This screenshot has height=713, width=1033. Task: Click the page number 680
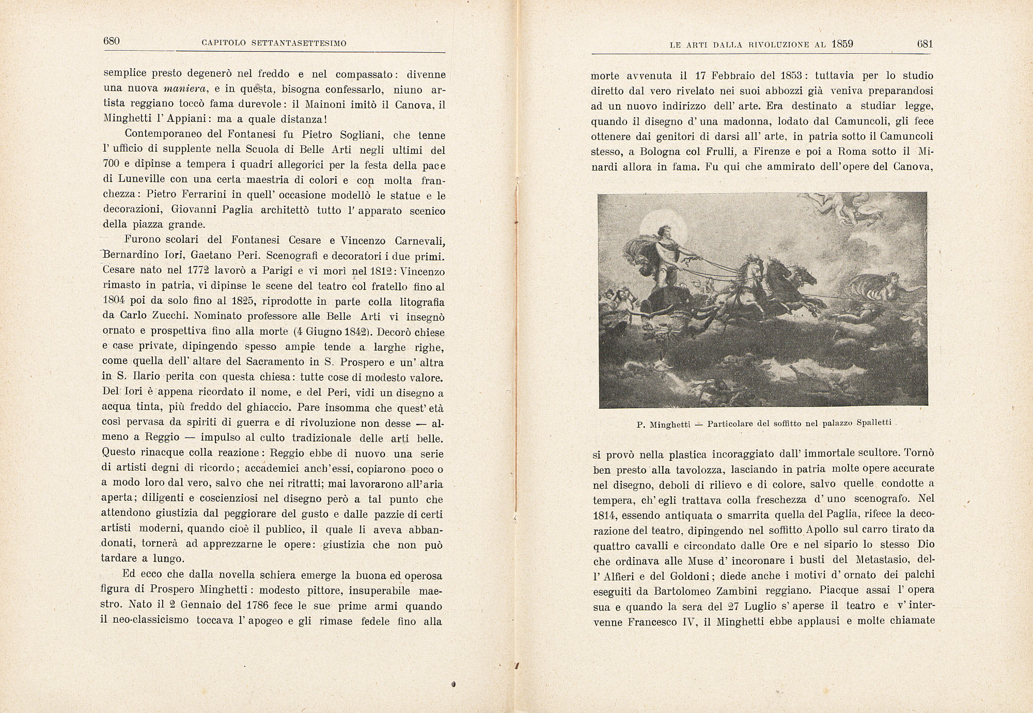click(x=112, y=41)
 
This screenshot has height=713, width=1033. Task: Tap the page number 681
click(x=925, y=44)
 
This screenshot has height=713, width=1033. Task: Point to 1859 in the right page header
click(x=842, y=44)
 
